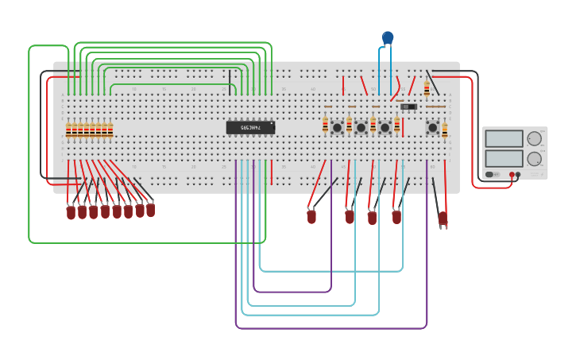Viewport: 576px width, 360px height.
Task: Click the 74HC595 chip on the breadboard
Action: tap(250, 127)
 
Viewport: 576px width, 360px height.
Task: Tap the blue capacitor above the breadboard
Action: tap(388, 37)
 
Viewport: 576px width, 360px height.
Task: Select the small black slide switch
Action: tap(408, 106)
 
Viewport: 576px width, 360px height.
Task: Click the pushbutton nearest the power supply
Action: tap(432, 127)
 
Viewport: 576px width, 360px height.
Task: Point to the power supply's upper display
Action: tap(504, 138)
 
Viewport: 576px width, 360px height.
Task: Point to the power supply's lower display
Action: tap(504, 158)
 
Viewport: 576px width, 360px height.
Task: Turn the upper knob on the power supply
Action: tap(535, 138)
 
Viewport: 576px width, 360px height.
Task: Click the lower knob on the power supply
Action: tap(535, 158)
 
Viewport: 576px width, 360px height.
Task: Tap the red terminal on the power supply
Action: tap(512, 175)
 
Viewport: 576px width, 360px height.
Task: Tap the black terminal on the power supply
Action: tap(518, 175)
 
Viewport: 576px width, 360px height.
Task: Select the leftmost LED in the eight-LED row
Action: tap(71, 212)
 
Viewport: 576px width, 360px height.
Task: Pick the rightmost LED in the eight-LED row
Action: tap(150, 210)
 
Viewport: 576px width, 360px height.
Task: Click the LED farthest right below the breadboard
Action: tap(443, 218)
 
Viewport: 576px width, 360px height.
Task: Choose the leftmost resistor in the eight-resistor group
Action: tap(68, 130)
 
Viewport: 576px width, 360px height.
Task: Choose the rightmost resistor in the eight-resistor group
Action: tap(110, 130)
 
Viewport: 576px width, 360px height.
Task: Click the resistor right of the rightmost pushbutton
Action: tap(445, 130)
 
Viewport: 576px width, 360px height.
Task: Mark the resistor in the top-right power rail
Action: tap(427, 87)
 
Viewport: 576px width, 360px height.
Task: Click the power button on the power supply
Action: tap(489, 175)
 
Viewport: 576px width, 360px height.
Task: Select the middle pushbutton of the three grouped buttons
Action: tap(361, 127)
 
